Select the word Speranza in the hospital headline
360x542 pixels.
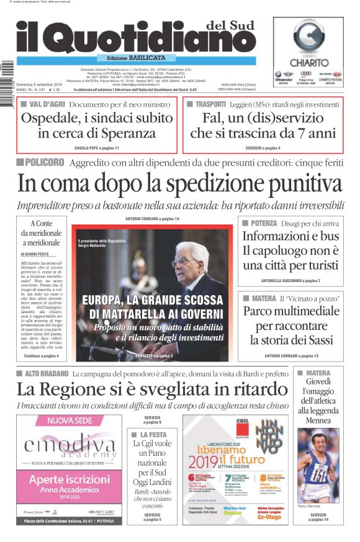click(128, 133)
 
